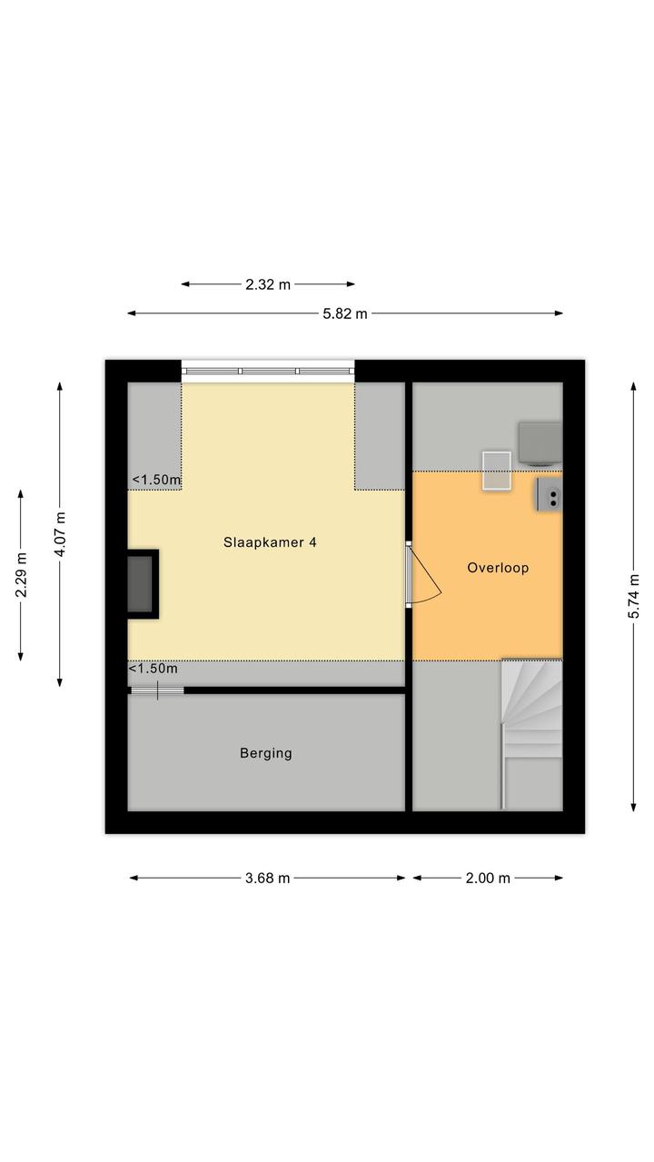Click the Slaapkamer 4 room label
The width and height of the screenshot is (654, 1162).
click(270, 542)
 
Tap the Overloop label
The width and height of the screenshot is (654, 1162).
click(498, 568)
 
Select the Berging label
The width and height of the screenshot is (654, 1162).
click(265, 753)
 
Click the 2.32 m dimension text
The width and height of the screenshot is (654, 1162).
click(268, 284)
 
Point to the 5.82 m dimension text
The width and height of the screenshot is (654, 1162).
click(345, 313)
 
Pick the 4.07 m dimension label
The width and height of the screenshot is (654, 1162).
click(60, 534)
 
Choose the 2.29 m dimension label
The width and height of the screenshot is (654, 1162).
click(21, 575)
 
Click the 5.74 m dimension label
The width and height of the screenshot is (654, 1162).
click(633, 597)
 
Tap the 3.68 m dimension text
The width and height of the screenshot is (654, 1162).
click(268, 879)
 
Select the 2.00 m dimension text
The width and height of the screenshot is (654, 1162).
click(488, 879)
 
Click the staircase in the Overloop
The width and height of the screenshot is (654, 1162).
click(531, 733)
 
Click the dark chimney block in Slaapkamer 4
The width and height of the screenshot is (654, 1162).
click(143, 583)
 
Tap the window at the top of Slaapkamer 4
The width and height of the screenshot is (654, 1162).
click(268, 372)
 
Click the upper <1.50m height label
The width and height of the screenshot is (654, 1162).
click(156, 480)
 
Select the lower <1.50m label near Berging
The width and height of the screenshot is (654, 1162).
click(153, 669)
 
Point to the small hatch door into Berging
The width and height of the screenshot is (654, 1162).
click(157, 690)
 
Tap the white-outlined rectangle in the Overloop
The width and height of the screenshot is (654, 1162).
click(497, 471)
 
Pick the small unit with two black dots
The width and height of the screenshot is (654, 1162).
click(550, 495)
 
